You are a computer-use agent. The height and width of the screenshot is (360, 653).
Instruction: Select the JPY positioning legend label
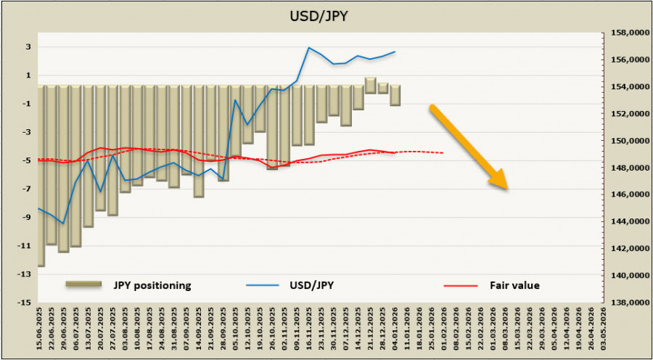[151, 285]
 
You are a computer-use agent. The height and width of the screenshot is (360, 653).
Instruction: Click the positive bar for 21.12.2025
[370, 86]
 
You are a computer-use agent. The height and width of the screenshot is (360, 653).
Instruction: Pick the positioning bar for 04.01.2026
[395, 95]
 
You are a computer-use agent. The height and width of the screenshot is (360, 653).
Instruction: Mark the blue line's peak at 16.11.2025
[309, 48]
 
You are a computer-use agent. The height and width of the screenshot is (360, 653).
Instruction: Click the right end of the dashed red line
[443, 153]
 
